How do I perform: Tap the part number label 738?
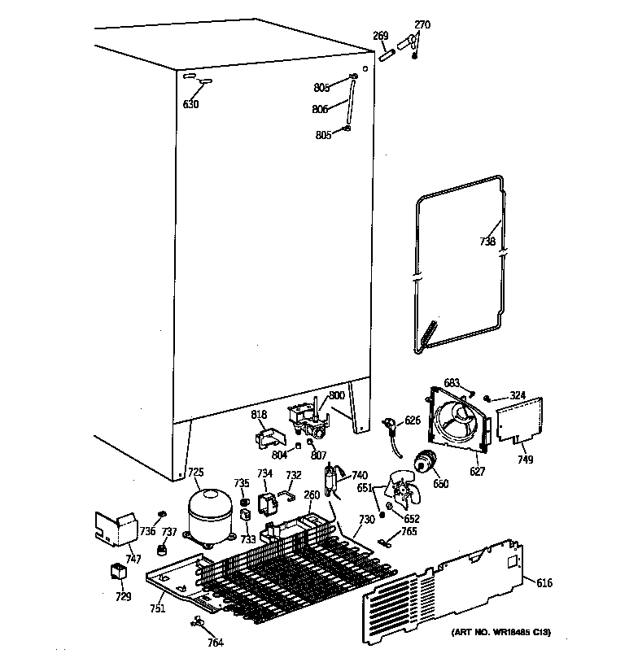click(x=487, y=241)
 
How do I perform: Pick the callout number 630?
click(x=190, y=104)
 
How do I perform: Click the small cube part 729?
click(x=120, y=572)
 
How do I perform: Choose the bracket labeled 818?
click(x=268, y=438)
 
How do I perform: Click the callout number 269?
click(x=379, y=35)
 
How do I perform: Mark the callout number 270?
click(x=422, y=24)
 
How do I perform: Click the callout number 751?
click(x=157, y=608)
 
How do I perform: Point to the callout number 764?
click(x=215, y=643)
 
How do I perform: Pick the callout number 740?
click(x=360, y=475)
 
